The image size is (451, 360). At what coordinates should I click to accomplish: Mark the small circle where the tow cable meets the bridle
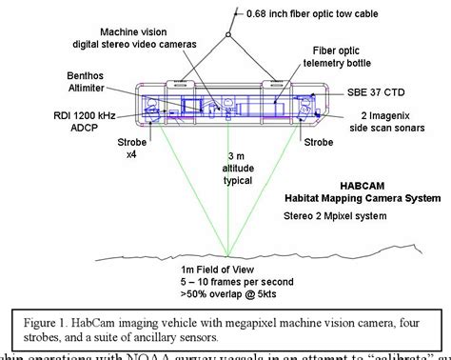[225, 35]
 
